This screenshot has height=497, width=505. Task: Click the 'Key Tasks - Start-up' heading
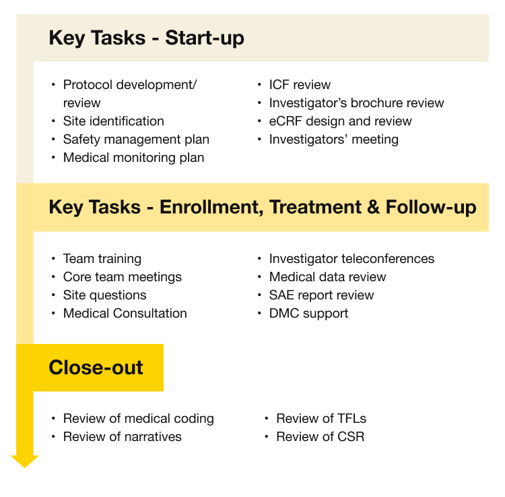146,38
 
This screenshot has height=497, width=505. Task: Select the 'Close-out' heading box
96,368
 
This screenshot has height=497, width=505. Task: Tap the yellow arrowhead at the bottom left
25,461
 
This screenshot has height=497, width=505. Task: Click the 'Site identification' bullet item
113,121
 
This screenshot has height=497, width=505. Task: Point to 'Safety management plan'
136,140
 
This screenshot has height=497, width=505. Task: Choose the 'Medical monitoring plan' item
133,158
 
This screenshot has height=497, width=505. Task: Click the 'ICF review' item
300,85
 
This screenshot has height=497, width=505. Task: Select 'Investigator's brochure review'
356,103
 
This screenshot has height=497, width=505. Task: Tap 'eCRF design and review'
340,121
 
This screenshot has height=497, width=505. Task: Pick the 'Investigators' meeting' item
333,140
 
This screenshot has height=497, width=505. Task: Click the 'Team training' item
102,259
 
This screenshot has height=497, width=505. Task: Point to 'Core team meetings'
122,277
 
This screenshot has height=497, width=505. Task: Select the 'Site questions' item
104,295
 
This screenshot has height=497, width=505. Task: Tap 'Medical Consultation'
125,314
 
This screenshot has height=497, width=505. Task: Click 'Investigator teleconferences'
351,259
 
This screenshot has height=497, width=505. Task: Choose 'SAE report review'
321,295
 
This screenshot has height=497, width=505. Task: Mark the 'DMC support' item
308,314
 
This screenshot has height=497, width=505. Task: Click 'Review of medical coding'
138,419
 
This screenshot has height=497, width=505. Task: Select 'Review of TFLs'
321,419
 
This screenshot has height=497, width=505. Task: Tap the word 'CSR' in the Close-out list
350,437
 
